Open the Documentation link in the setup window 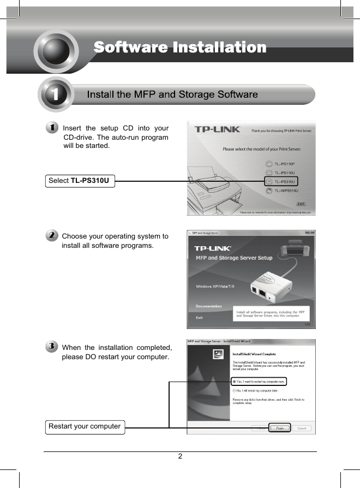point(208,306)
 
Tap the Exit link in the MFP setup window point(199,317)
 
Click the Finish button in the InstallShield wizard point(279,429)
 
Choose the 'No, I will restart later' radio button point(235,391)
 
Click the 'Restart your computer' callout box point(85,426)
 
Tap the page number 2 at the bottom point(180,457)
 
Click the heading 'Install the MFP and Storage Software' point(172,94)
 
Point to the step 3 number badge point(51,347)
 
